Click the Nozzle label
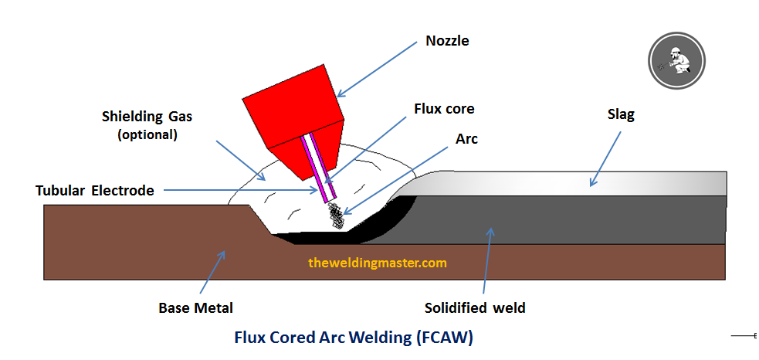point(447,41)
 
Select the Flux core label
point(444,108)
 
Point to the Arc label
point(466,139)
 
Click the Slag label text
point(621,115)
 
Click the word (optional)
point(147,134)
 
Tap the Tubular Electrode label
point(95,191)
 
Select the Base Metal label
point(196,307)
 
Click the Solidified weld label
point(475,307)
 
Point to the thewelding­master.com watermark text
point(378,263)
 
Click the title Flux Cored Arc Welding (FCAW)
point(354,338)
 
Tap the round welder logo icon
point(676,60)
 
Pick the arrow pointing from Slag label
point(605,158)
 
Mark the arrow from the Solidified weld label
point(487,260)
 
